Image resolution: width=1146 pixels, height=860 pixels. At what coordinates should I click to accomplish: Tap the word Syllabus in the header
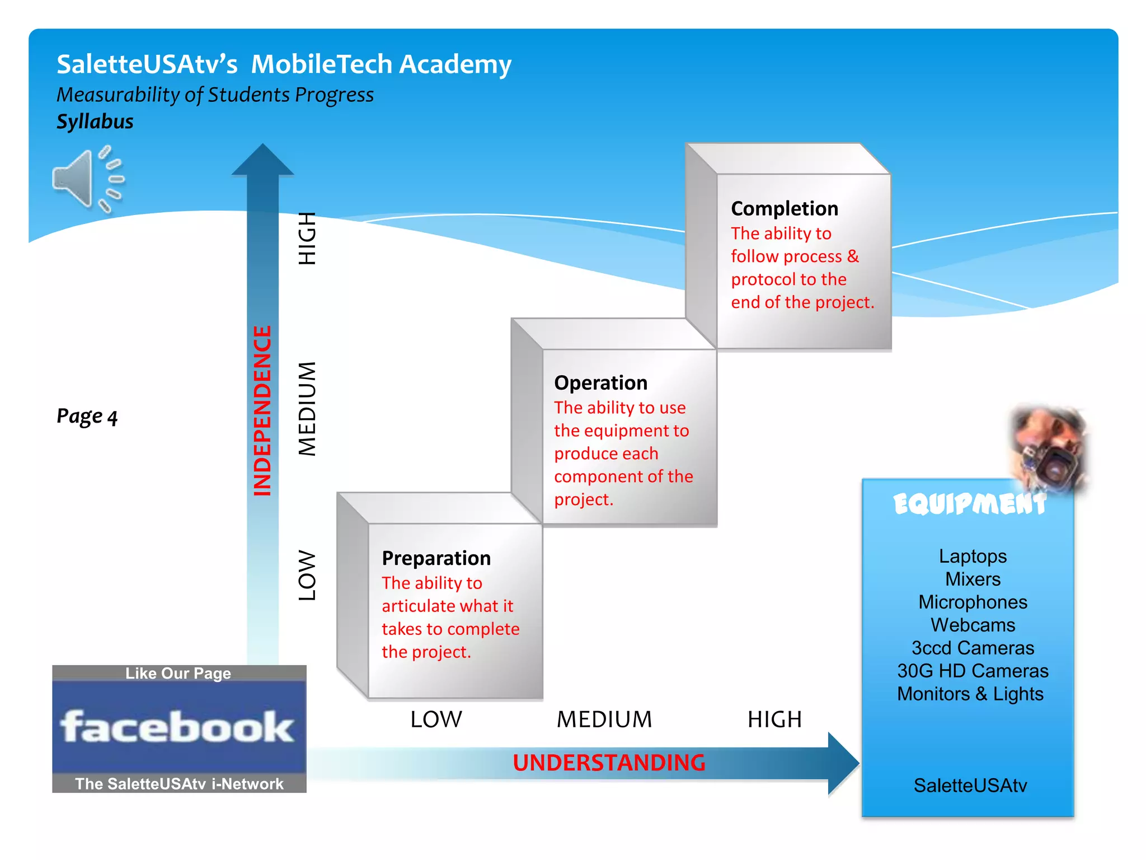coord(95,121)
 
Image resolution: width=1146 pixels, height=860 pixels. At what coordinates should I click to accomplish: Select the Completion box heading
coord(784,208)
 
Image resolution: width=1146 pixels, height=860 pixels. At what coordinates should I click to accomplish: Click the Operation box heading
coord(600,383)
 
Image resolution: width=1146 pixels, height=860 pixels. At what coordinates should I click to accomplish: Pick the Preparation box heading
coord(436,558)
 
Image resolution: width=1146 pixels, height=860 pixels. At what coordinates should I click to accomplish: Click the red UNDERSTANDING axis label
coord(609,763)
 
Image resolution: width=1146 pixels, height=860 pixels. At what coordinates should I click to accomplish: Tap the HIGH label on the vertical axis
coord(307,239)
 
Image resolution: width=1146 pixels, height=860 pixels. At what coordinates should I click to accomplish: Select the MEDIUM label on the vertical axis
coord(307,409)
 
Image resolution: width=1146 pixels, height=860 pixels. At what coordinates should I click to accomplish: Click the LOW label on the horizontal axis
coord(436,719)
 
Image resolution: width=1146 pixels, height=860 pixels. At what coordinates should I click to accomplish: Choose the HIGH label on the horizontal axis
coord(774,719)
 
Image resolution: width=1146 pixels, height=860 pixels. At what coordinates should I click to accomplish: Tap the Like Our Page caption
coord(178,673)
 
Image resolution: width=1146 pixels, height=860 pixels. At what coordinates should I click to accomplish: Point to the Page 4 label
coord(87,417)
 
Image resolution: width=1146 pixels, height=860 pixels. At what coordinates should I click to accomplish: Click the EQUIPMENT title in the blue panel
coord(969,504)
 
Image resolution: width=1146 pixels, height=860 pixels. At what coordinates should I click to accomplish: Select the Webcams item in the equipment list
coord(973,625)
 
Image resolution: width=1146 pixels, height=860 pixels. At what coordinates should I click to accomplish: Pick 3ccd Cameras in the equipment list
coord(973,648)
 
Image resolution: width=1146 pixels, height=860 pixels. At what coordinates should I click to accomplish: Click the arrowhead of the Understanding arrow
coord(842,763)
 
